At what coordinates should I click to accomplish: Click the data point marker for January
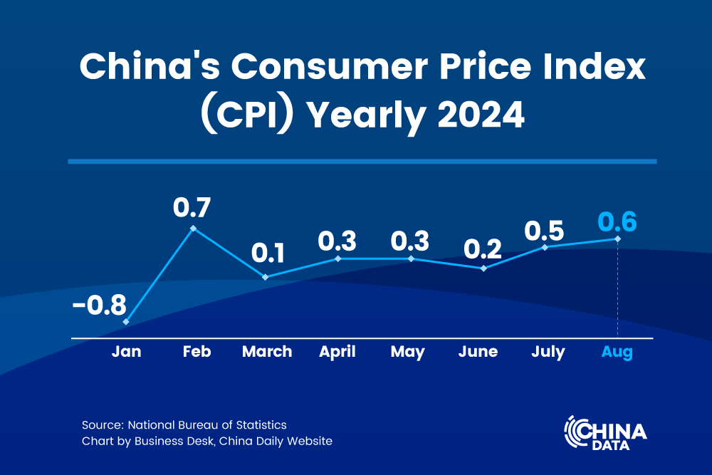click(x=126, y=322)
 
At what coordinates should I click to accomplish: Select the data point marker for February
click(x=193, y=229)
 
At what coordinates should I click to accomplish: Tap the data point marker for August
click(x=617, y=239)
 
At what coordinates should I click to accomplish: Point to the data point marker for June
click(x=484, y=268)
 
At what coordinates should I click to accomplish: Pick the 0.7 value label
click(x=192, y=208)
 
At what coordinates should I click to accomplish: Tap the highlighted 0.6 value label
click(x=617, y=221)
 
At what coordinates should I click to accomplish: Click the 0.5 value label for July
click(x=544, y=231)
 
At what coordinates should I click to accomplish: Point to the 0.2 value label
click(x=483, y=249)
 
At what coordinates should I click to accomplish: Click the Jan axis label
click(x=126, y=352)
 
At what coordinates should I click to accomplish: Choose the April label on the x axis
click(x=337, y=352)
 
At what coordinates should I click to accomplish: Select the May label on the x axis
click(x=407, y=352)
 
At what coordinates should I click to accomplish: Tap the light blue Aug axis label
click(x=617, y=352)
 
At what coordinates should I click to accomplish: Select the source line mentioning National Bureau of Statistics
click(x=184, y=425)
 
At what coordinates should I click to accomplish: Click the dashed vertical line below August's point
click(x=617, y=292)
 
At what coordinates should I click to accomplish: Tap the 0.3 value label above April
click(x=337, y=241)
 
